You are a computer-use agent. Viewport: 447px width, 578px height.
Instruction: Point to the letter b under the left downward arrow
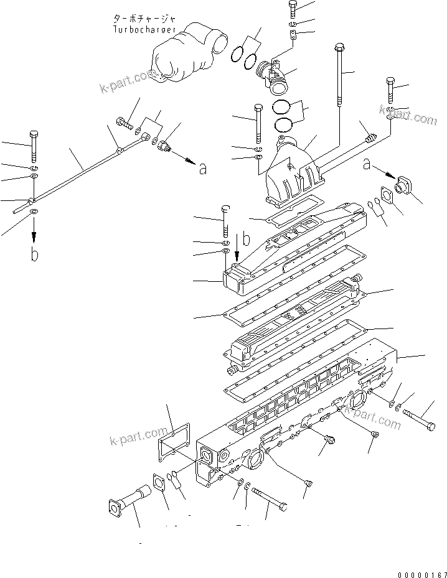point(35,255)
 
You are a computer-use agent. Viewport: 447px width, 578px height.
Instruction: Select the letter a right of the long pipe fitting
point(201,168)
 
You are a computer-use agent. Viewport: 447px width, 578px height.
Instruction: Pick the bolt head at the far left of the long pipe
point(34,135)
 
